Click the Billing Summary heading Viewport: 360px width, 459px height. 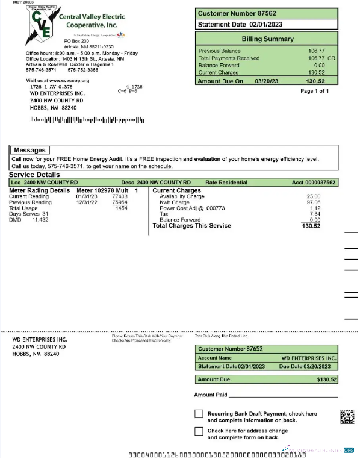tap(267, 39)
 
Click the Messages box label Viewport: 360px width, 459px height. tap(29, 150)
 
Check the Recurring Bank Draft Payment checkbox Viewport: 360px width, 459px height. tap(199, 414)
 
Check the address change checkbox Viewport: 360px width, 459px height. tap(199, 431)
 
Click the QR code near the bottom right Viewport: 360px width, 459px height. tap(347, 417)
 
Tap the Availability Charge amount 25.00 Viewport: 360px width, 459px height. tap(313, 196)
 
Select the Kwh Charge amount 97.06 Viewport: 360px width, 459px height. tap(313, 202)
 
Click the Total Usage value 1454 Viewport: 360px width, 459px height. tap(121, 208)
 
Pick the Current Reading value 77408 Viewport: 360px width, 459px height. tap(120, 196)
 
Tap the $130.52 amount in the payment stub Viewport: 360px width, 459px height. tap(327, 379)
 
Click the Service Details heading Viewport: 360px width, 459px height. tap(34, 175)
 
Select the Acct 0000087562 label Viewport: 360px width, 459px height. tap(314, 182)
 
